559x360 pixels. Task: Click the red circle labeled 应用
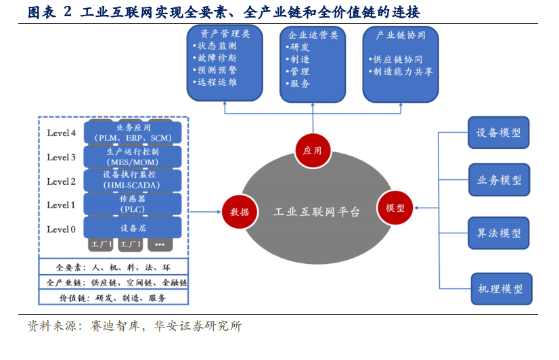(x=313, y=150)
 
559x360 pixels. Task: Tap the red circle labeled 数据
(x=240, y=212)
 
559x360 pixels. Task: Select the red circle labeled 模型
(x=395, y=208)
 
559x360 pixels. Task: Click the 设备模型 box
(x=498, y=133)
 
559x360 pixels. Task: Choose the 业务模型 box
(x=499, y=179)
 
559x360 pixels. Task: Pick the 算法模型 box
(x=499, y=233)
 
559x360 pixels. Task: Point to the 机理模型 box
(x=501, y=289)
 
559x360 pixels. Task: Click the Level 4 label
(x=62, y=133)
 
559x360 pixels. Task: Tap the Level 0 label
(x=62, y=229)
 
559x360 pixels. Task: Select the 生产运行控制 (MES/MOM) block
(x=133, y=157)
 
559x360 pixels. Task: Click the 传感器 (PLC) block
(x=133, y=204)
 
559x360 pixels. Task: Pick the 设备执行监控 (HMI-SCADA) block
(x=133, y=180)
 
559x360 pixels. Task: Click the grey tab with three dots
(x=160, y=244)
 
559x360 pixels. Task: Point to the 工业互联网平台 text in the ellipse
(x=317, y=212)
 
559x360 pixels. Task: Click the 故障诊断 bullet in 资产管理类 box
(x=215, y=58)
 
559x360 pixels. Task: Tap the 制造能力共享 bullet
(x=401, y=72)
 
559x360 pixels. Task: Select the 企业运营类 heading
(x=313, y=35)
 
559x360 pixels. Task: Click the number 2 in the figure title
(x=68, y=12)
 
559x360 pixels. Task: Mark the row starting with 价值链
(x=114, y=298)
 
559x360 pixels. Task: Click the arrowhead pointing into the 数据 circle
(x=219, y=212)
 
